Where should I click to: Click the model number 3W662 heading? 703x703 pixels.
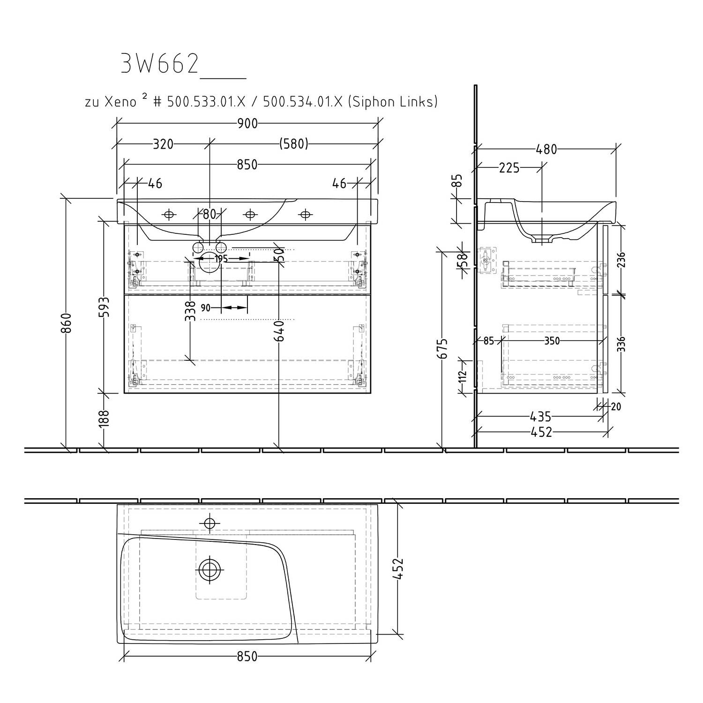(x=159, y=63)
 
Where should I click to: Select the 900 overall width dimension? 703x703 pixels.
(x=247, y=124)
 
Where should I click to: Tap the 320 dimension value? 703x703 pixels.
(x=163, y=144)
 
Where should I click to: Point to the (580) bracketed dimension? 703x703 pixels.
(x=294, y=144)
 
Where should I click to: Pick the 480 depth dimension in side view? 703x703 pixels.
(x=546, y=150)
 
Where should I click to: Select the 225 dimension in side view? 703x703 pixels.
(x=509, y=168)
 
